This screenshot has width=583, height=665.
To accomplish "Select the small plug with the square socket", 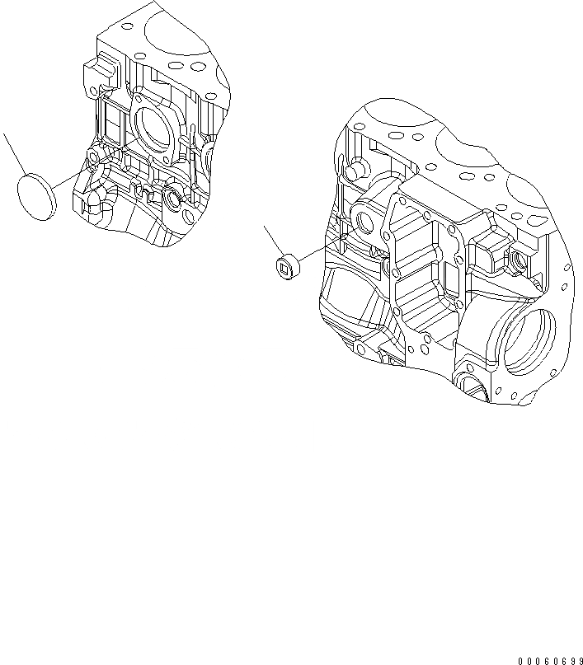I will click(x=285, y=265).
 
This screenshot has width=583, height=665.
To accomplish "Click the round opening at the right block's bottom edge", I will click(x=470, y=386).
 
